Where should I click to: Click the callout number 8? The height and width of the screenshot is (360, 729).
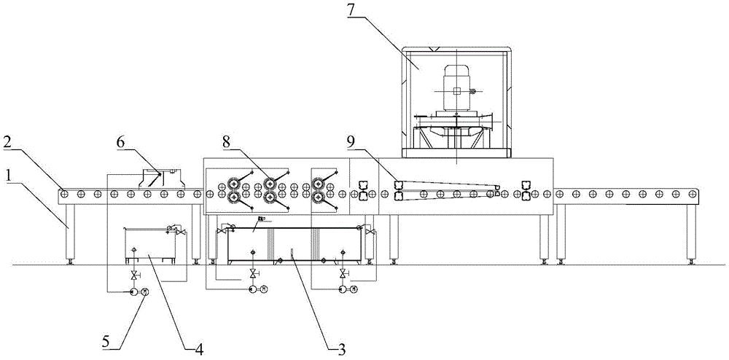point(227,143)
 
